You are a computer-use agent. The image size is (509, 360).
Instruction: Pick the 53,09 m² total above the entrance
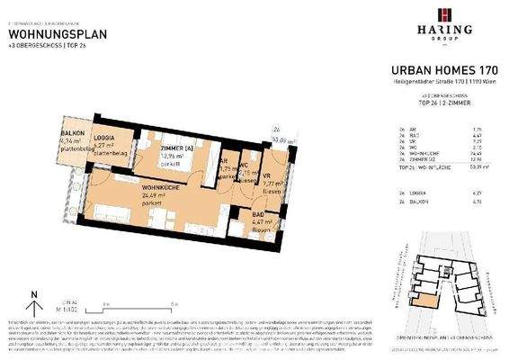(x=286, y=140)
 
